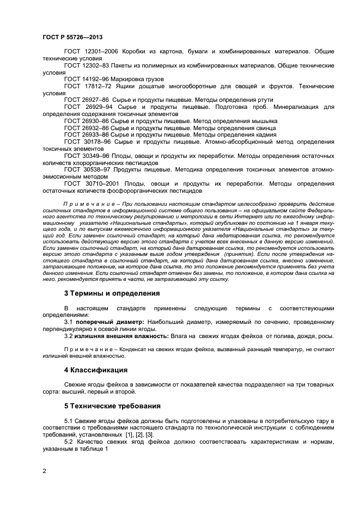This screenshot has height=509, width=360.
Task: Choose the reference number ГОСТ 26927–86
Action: pos(82,100)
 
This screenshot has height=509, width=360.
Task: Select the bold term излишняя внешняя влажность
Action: pos(120,336)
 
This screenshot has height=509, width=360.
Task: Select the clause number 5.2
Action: pos(70,443)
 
